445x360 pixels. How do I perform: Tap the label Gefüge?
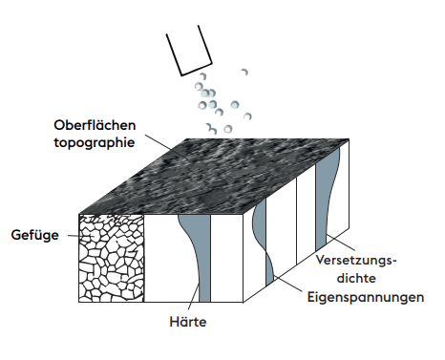(x=33, y=233)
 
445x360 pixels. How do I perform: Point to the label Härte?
(x=185, y=322)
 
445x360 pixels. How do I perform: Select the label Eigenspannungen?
(x=365, y=297)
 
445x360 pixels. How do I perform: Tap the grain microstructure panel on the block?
(x=111, y=259)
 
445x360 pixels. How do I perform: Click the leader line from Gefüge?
(x=69, y=233)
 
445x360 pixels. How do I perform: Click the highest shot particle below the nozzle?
(x=245, y=71)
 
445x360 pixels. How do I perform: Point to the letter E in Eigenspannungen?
(x=309, y=297)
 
